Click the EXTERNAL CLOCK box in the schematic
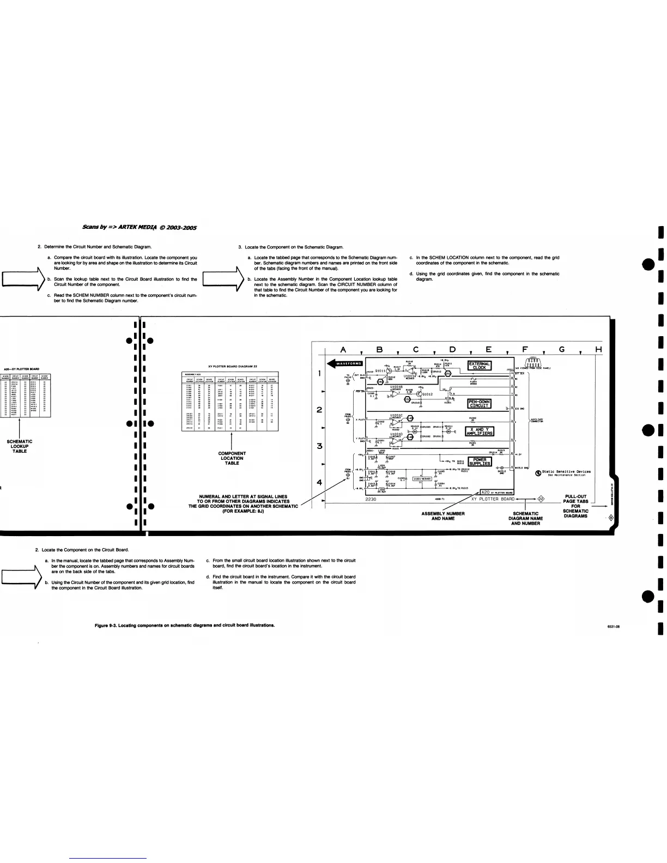pos(480,365)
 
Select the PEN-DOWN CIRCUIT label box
pos(480,404)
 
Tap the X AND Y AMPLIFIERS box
pos(480,432)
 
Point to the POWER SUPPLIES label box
pos(480,461)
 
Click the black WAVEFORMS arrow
pos(344,363)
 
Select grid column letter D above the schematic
pos(452,349)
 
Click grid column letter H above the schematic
pos(598,349)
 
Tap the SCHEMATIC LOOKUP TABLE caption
pos(20,446)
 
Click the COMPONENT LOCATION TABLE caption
pos(232,458)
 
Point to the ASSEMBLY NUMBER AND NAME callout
pos(442,516)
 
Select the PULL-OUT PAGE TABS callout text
pos(575,506)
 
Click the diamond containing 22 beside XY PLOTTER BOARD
pos(541,498)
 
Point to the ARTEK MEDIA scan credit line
pos(139,227)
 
